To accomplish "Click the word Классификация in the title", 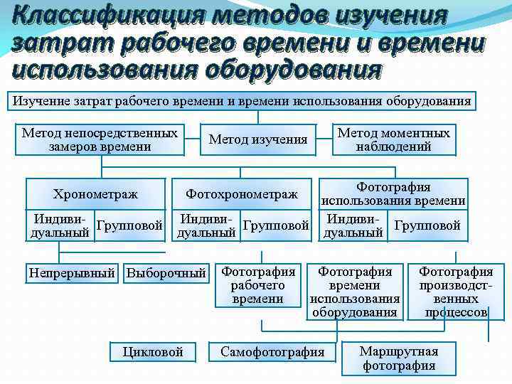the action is pyautogui.click(x=91, y=15).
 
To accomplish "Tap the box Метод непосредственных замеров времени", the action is pyautogui.click(x=100, y=140).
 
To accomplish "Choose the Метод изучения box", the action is pyautogui.click(x=258, y=139).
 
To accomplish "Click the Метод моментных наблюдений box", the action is pyautogui.click(x=393, y=140).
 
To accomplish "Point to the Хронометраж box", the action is pyautogui.click(x=95, y=193).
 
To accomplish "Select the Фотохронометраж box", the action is pyautogui.click(x=242, y=193).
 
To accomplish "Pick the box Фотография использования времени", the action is pyautogui.click(x=393, y=193).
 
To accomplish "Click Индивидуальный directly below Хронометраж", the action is pyautogui.click(x=60, y=225).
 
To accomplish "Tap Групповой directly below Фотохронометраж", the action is pyautogui.click(x=277, y=225).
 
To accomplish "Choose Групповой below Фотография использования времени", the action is pyautogui.click(x=427, y=225).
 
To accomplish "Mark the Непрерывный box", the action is pyautogui.click(x=72, y=272).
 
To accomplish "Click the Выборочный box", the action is pyautogui.click(x=166, y=272).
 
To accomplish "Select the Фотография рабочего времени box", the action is pyautogui.click(x=258, y=284).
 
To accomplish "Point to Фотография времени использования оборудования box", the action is pyautogui.click(x=355, y=292).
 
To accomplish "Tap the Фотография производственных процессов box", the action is pyautogui.click(x=456, y=292).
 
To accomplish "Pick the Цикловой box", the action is pyautogui.click(x=153, y=351).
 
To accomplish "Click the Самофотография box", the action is pyautogui.click(x=272, y=351).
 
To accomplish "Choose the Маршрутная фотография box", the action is pyautogui.click(x=399, y=358).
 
